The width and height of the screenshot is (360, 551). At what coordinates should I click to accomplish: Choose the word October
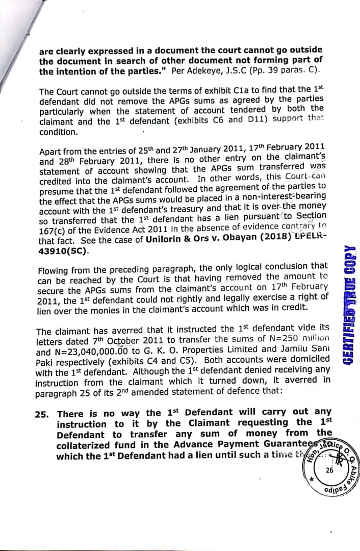(125, 339)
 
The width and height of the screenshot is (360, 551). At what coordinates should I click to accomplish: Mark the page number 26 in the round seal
(329, 470)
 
